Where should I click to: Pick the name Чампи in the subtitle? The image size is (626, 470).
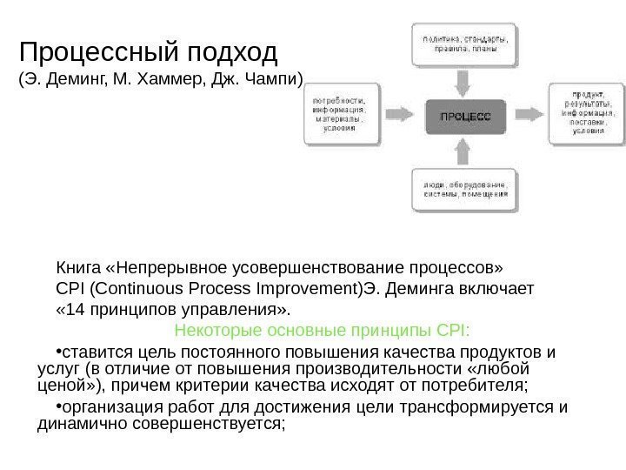[x=270, y=84]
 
